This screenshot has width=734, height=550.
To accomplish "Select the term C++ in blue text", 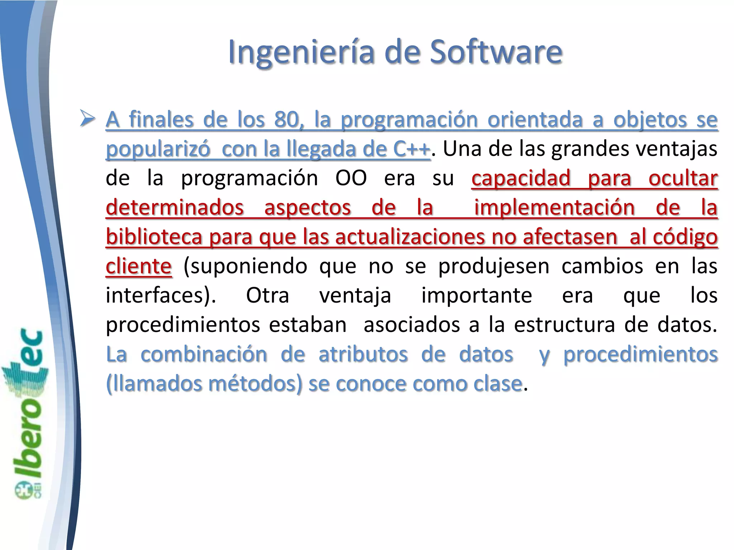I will click(411, 149).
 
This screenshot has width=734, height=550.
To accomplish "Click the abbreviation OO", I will click(351, 178).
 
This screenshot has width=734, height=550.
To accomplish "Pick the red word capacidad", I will click(521, 178).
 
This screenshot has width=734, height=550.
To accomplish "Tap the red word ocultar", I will click(683, 178).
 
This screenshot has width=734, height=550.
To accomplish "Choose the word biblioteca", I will click(154, 237).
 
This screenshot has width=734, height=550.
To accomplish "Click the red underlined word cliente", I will click(139, 266).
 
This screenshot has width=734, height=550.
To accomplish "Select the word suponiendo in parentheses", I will click(245, 266).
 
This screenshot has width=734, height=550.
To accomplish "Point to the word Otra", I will click(267, 296).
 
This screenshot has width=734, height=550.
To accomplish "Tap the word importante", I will click(477, 296).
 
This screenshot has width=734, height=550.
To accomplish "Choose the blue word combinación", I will click(204, 354).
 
